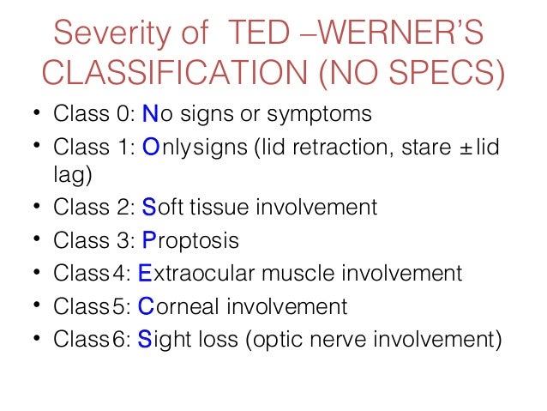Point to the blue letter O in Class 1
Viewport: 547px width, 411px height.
[150, 148]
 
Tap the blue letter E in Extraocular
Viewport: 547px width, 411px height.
[145, 274]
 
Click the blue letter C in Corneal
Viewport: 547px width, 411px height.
[146, 305]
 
